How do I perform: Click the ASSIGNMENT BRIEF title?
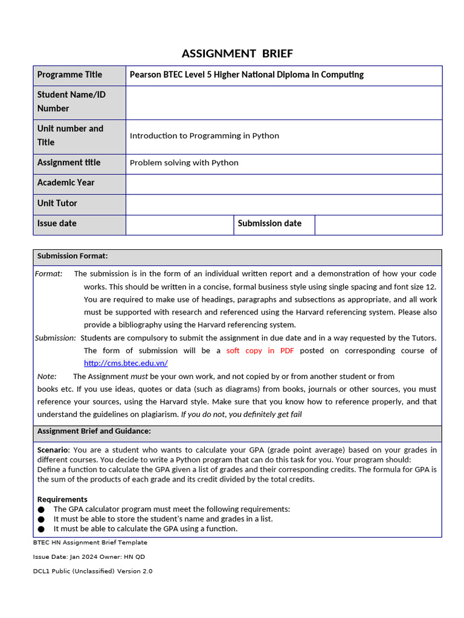pos(237,54)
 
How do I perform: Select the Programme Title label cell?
pos(69,75)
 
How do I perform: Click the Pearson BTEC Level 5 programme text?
pos(246,75)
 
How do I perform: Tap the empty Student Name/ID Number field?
pos(284,102)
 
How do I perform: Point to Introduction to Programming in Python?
pos(204,136)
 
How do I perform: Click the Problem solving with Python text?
pos(184,163)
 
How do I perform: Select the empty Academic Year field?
pos(284,183)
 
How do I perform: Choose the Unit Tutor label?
pos(57,203)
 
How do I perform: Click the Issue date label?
pos(57,223)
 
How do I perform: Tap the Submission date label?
pos(269,223)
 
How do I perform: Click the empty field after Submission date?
pos(378,225)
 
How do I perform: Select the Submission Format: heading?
pos(72,256)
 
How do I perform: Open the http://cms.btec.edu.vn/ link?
pos(126,363)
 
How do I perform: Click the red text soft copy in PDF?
pos(260,351)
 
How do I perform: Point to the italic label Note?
pos(47,376)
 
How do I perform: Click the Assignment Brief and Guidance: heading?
pos(94,431)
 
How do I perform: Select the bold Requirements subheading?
pos(62,499)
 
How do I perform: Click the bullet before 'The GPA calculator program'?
pos(41,509)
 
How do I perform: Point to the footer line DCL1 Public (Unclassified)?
pos(92,571)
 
